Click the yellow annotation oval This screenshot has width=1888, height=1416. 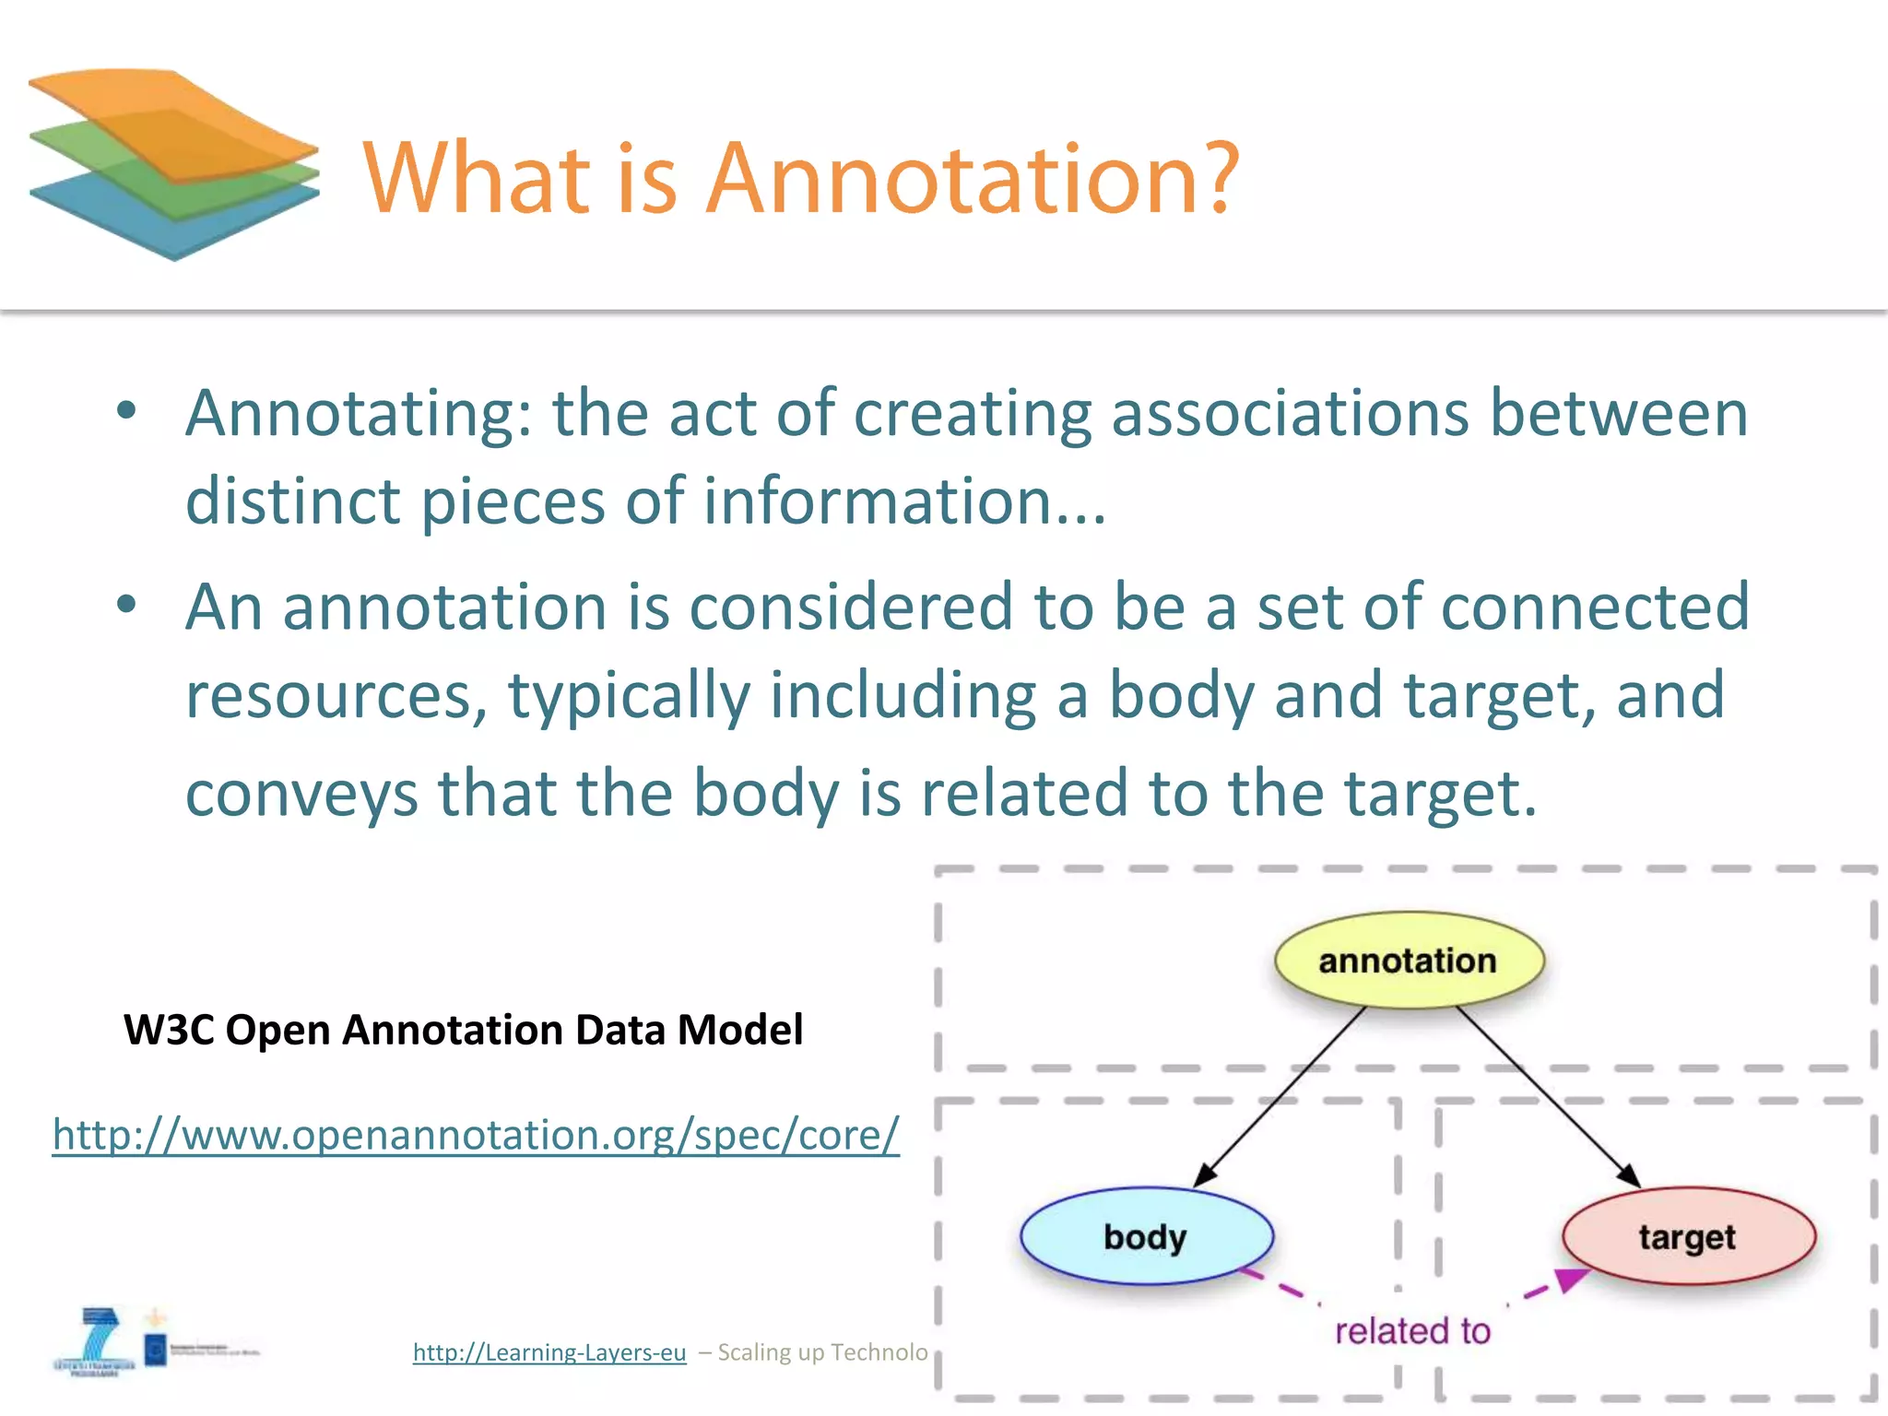[x=1408, y=960]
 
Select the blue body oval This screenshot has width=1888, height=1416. [x=1146, y=1235]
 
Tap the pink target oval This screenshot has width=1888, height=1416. [x=1688, y=1235]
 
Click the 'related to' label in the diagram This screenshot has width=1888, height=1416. [x=1412, y=1330]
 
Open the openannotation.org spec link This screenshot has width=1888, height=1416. [x=476, y=1134]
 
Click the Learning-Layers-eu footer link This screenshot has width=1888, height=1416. [x=549, y=1351]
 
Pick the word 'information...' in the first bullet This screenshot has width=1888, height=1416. [x=904, y=501]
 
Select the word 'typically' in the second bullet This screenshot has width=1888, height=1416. [x=629, y=695]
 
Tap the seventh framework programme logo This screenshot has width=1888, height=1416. [x=94, y=1342]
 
